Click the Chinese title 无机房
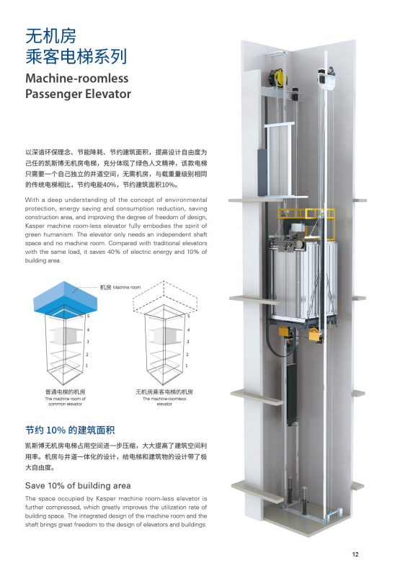click(51, 36)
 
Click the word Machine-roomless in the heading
click(77, 79)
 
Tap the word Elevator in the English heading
click(108, 94)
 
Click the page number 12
click(355, 554)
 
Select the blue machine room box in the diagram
click(66, 298)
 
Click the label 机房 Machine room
click(120, 288)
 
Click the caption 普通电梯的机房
click(66, 392)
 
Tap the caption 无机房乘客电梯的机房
click(164, 392)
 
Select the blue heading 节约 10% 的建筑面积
click(70, 430)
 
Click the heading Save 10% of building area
click(78, 485)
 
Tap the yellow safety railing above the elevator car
click(305, 215)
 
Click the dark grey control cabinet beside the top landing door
click(262, 172)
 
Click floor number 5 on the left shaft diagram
click(88, 317)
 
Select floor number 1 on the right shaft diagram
click(187, 366)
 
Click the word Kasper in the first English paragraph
click(34, 226)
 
